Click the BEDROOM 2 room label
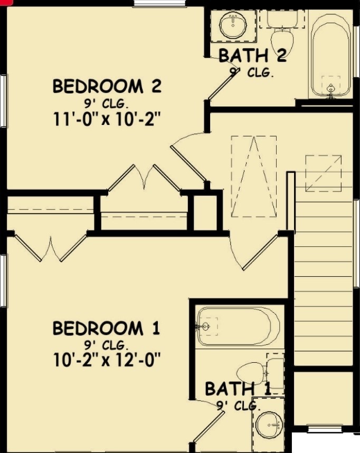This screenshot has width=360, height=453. pyautogui.click(x=106, y=86)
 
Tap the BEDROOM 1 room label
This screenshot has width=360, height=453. pyautogui.click(x=106, y=329)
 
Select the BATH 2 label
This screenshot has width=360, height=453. pyautogui.click(x=252, y=55)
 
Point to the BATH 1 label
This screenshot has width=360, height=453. pyautogui.click(x=238, y=389)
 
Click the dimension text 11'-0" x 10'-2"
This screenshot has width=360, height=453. pyautogui.click(x=106, y=119)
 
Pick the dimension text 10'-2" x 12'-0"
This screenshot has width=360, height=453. pyautogui.click(x=106, y=361)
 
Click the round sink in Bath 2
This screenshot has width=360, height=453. pyautogui.click(x=232, y=24)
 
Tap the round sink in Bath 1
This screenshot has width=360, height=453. pyautogui.click(x=271, y=424)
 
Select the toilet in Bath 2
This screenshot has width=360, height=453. pyautogui.click(x=282, y=35)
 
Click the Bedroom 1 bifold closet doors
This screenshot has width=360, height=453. pyautogui.click(x=51, y=248)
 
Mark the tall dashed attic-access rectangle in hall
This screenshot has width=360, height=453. pyautogui.click(x=253, y=176)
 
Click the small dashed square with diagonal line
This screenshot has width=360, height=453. pyautogui.click(x=323, y=173)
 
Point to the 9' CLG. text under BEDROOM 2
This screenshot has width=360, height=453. pyautogui.click(x=106, y=102)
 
